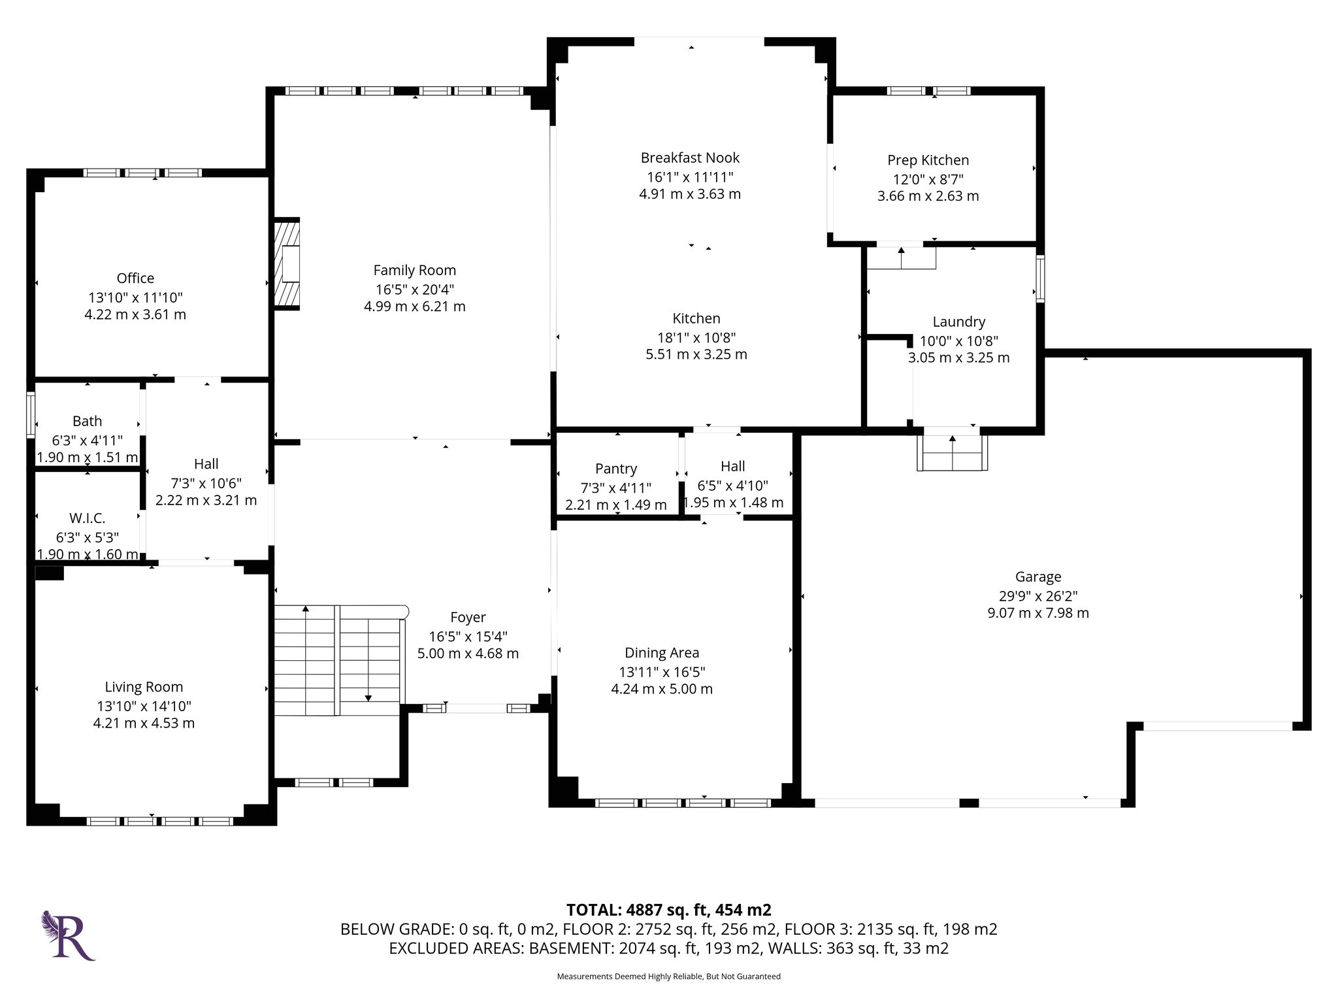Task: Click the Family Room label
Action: pos(414,270)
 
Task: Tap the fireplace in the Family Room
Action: pos(287,263)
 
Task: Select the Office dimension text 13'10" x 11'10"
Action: pos(135,297)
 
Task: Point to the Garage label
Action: pos(1038,577)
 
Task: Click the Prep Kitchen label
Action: pos(928,160)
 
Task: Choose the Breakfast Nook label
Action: pos(690,158)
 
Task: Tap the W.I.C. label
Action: pos(87,518)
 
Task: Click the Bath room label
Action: pos(87,422)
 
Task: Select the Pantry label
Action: pos(616,469)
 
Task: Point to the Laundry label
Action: pos(958,322)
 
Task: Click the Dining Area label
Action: pos(662,653)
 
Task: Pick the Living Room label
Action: pos(144,687)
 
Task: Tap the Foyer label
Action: pos(468,618)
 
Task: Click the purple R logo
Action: pos(69,935)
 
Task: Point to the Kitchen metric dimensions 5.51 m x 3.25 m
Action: pos(696,354)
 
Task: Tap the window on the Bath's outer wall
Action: pos(30,414)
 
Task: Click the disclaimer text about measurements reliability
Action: pos(668,977)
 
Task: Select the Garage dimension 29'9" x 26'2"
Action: pos(1038,596)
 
